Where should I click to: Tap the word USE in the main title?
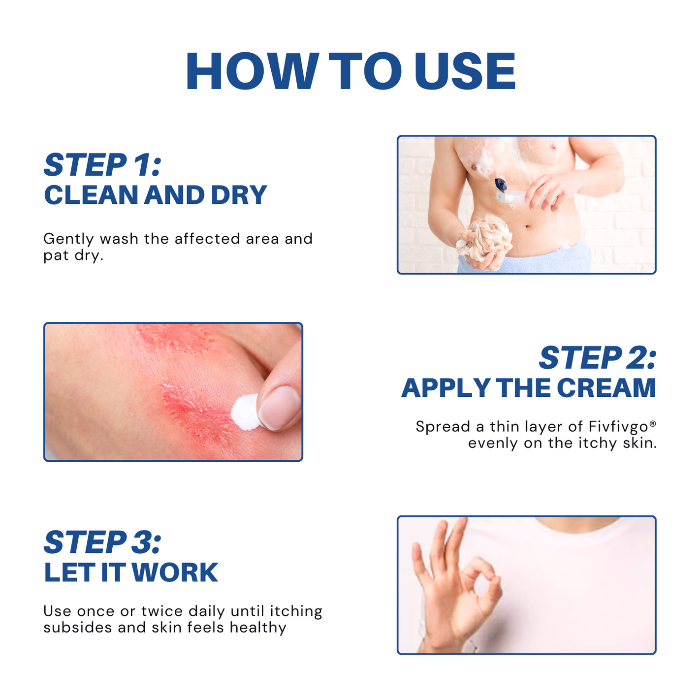[465, 71]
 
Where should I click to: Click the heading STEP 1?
[102, 164]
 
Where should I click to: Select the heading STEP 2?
[598, 357]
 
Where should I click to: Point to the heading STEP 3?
[102, 542]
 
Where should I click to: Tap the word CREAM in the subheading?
[606, 388]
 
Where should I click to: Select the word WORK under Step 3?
[175, 573]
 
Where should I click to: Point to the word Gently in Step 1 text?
[68, 239]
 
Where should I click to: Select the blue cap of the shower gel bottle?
[501, 185]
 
